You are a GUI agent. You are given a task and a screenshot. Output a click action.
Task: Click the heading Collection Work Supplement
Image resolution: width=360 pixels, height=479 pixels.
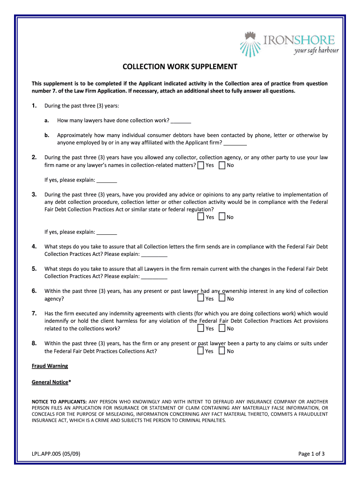pyautogui.click(x=180, y=66)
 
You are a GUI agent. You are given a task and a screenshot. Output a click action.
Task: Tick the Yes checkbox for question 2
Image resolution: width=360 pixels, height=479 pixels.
pyautogui.click(x=201, y=165)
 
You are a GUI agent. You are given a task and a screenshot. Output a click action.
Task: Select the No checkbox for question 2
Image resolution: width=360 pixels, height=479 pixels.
pyautogui.click(x=222, y=165)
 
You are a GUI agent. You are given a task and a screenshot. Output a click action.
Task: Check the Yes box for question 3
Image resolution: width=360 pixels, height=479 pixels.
pyautogui.click(x=201, y=217)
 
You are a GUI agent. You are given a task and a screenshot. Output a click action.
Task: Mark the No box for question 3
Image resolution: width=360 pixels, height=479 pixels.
pyautogui.click(x=222, y=217)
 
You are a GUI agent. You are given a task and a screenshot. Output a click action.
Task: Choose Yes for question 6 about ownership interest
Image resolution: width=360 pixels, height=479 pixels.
pyautogui.click(x=201, y=298)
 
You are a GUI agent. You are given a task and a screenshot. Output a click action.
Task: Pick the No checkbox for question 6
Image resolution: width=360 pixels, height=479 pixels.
pyautogui.click(x=222, y=298)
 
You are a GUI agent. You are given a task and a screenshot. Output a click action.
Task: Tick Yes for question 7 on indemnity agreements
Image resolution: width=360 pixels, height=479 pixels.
pyautogui.click(x=201, y=328)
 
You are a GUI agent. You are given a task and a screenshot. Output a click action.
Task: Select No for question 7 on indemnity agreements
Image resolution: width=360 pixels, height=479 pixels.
pyautogui.click(x=222, y=328)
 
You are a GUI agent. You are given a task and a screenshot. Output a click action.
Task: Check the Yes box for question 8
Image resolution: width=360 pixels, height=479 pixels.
pyautogui.click(x=201, y=351)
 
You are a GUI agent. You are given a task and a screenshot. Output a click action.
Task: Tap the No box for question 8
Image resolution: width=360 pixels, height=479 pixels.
pyautogui.click(x=222, y=351)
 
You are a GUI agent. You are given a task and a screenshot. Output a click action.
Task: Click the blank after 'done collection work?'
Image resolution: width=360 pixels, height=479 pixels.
pyautogui.click(x=181, y=121)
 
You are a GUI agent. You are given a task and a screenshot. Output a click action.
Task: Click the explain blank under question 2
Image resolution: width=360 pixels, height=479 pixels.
pyautogui.click(x=107, y=180)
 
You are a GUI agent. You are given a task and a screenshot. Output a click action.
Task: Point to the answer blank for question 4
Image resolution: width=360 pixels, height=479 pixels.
pyautogui.click(x=154, y=254)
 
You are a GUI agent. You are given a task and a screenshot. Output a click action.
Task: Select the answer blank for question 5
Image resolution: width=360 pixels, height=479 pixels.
pyautogui.click(x=154, y=276)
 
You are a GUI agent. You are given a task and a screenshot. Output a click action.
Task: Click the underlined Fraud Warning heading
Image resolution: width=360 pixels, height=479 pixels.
pyautogui.click(x=50, y=366)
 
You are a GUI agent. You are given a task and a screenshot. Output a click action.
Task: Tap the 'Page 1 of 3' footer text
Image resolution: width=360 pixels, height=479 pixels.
pyautogui.click(x=311, y=453)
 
